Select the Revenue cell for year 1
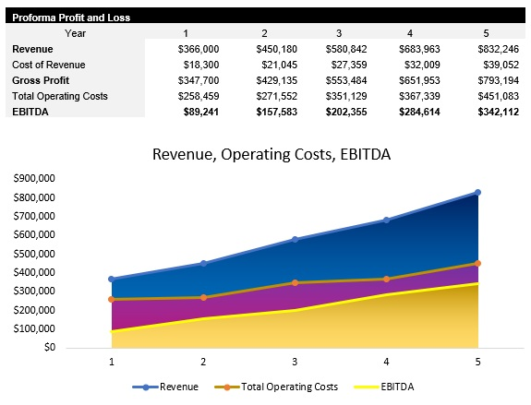(199, 48)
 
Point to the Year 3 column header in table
(338, 32)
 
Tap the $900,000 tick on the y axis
(34, 178)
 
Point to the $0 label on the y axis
(48, 348)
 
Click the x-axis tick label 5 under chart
(477, 362)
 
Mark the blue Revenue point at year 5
(477, 192)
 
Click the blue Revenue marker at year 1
(112, 279)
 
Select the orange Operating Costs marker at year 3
(295, 282)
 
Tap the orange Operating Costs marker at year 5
(477, 263)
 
